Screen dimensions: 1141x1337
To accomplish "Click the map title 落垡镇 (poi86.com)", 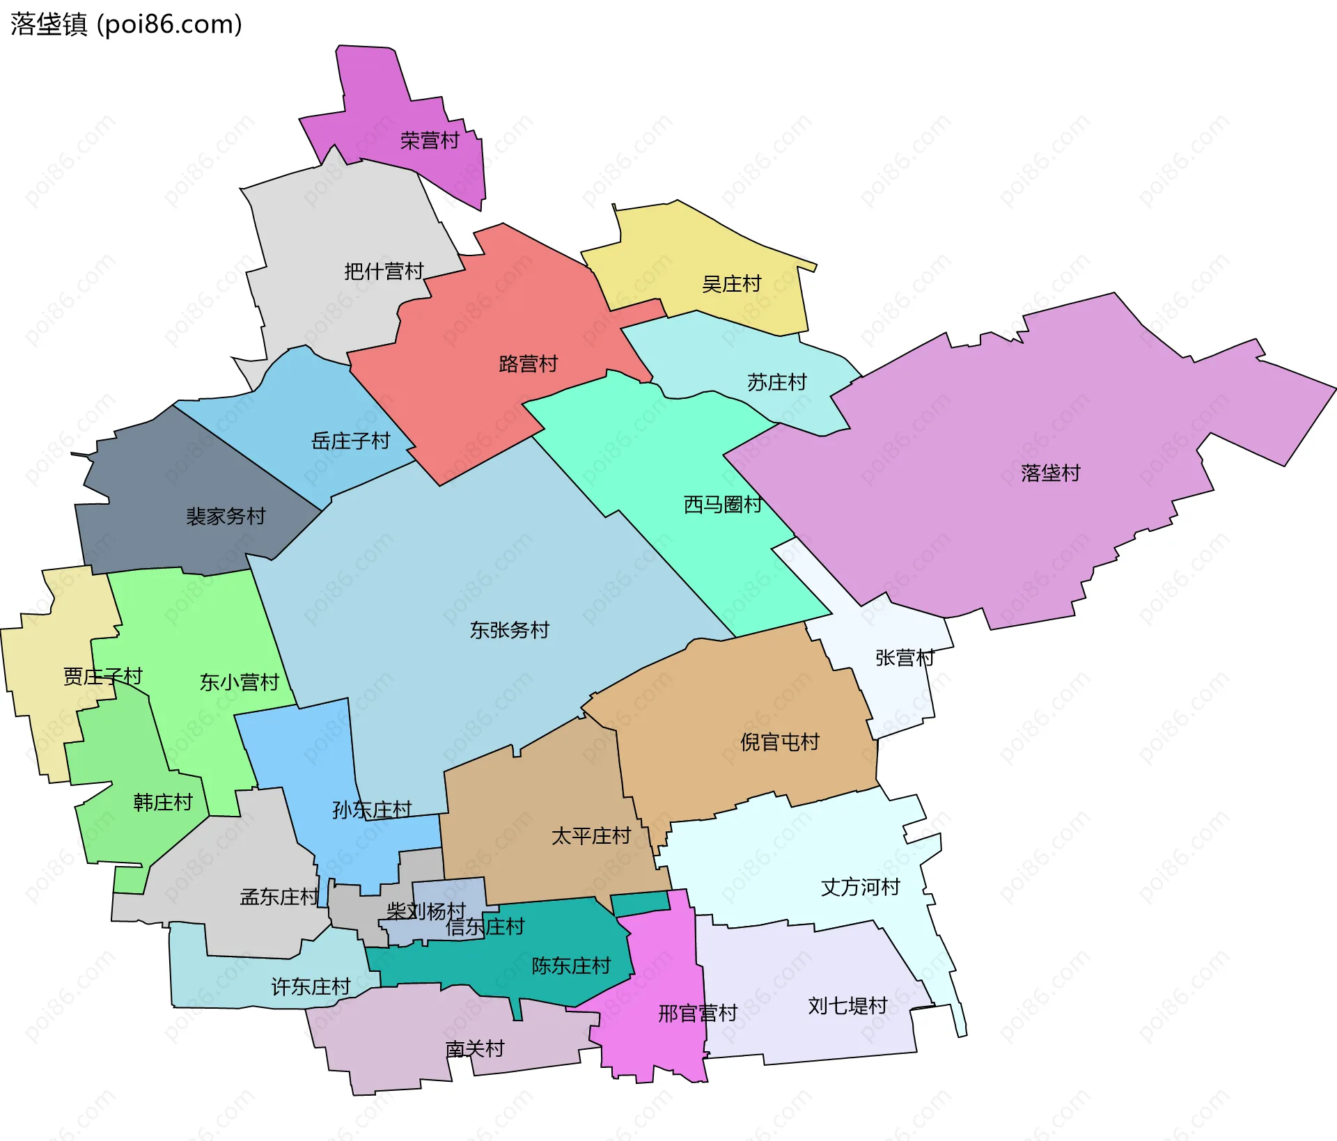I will [126, 24].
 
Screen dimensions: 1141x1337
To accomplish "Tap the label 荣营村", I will [430, 141].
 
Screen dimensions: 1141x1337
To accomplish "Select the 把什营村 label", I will [384, 271].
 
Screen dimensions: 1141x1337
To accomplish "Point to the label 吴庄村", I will [731, 284].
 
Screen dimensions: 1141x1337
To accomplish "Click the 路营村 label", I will [528, 363].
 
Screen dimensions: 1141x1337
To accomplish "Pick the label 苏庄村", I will [776, 382].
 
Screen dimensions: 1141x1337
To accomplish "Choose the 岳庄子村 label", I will [350, 441].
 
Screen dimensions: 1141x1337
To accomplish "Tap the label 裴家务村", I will [226, 516].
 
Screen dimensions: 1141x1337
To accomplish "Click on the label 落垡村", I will [1050, 473].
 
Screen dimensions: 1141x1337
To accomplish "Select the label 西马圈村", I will [723, 504].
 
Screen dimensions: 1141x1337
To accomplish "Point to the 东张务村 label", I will [509, 630].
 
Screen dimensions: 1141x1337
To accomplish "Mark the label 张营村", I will [905, 657].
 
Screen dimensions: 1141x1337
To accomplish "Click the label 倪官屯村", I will [779, 742].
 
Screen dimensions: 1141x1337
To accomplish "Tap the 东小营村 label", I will [239, 682].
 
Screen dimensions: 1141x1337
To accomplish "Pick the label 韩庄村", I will [162, 803].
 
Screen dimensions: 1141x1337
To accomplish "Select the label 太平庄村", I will [591, 835].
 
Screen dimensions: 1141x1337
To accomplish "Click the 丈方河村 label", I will [860, 887].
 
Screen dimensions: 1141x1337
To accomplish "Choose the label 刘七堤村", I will [847, 1005].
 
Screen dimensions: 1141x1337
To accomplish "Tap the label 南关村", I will [474, 1048].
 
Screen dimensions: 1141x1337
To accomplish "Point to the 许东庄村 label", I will [310, 986].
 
